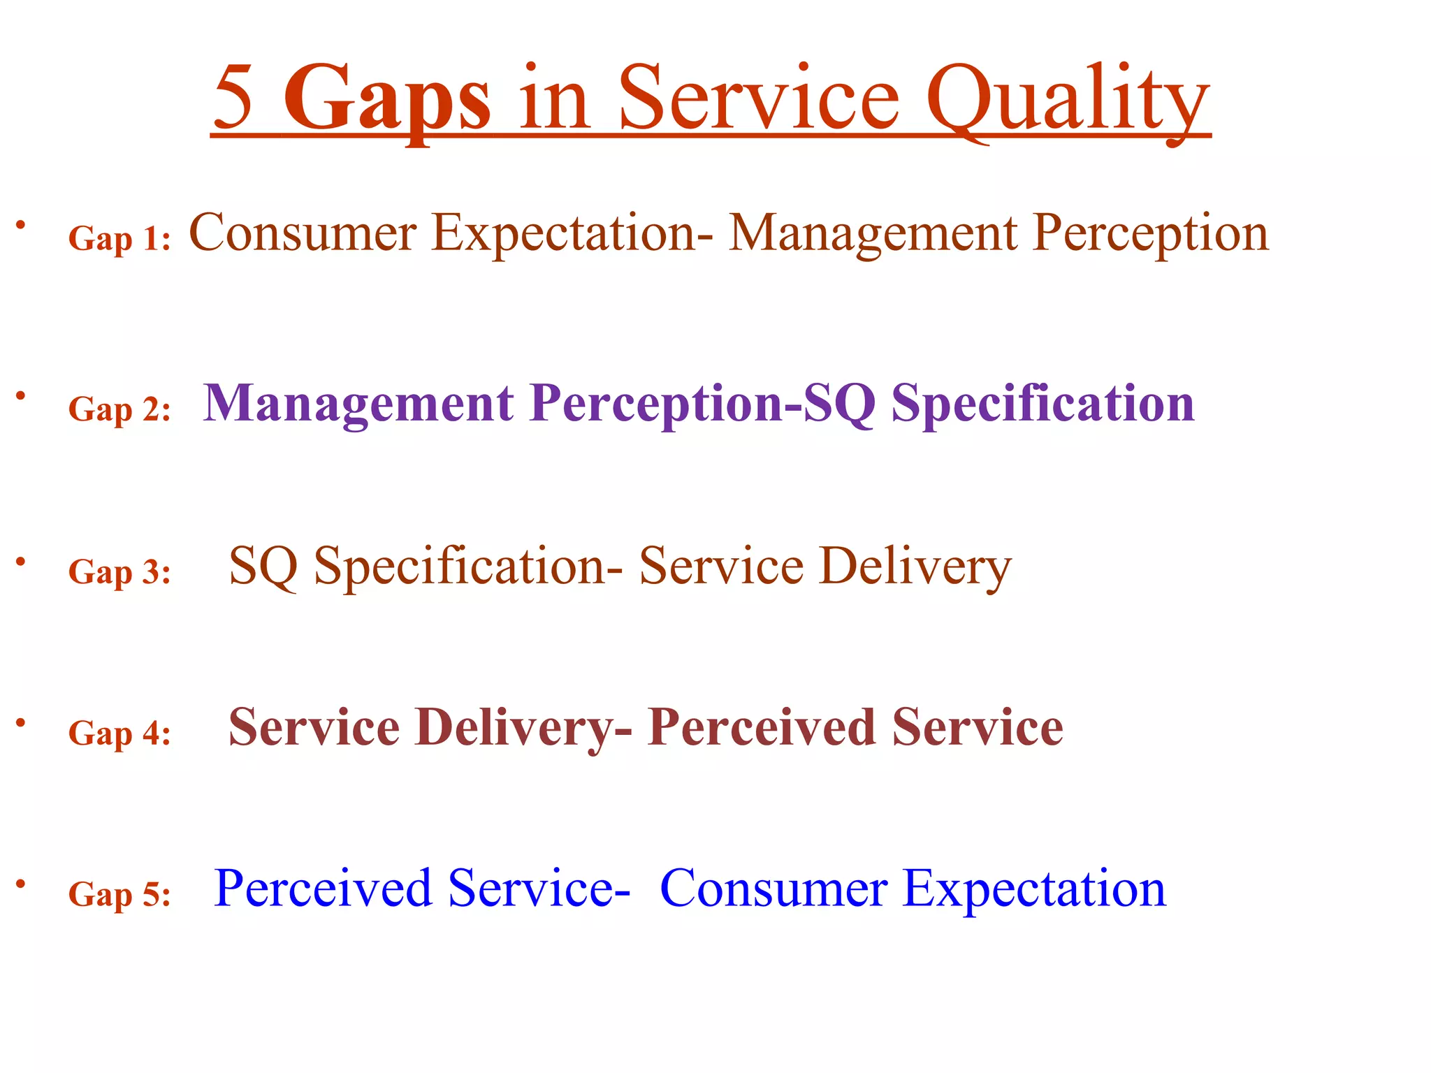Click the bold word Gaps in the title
(387, 99)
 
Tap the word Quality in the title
(1068, 99)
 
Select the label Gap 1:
(119, 239)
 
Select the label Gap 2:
(119, 409)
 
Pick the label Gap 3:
(119, 572)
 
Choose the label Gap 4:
(119, 733)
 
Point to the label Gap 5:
(119, 894)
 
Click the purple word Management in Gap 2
(358, 404)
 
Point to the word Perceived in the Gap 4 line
(761, 728)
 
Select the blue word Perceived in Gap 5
(323, 889)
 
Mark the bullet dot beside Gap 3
(22, 560)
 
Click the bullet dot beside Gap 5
(22, 883)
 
